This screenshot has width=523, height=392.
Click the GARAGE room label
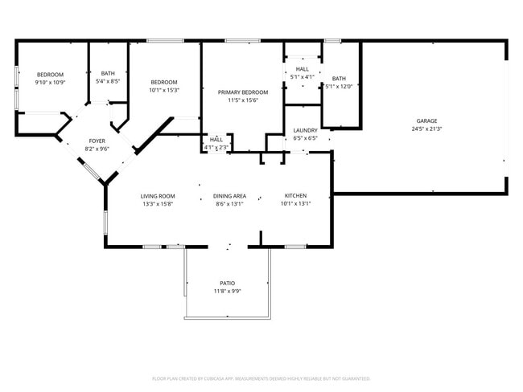[x=426, y=120]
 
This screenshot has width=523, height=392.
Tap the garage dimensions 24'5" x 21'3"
[x=426, y=129]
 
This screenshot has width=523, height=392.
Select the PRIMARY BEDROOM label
[x=243, y=92]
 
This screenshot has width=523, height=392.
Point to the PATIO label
[x=228, y=283]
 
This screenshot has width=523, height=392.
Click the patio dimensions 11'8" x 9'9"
[x=228, y=291]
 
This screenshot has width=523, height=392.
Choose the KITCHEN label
[x=295, y=196]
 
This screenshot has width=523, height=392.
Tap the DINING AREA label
[x=229, y=196]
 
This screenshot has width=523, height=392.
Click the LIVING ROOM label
[x=158, y=196]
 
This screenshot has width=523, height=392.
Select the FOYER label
[x=97, y=141]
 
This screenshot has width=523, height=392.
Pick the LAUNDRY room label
[x=305, y=130]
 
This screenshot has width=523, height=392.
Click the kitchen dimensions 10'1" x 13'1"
[x=295, y=204]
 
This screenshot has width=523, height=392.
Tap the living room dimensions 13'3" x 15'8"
[x=158, y=204]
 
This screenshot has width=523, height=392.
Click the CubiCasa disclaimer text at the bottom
[x=261, y=378]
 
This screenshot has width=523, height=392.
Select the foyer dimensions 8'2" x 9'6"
[x=97, y=149]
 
